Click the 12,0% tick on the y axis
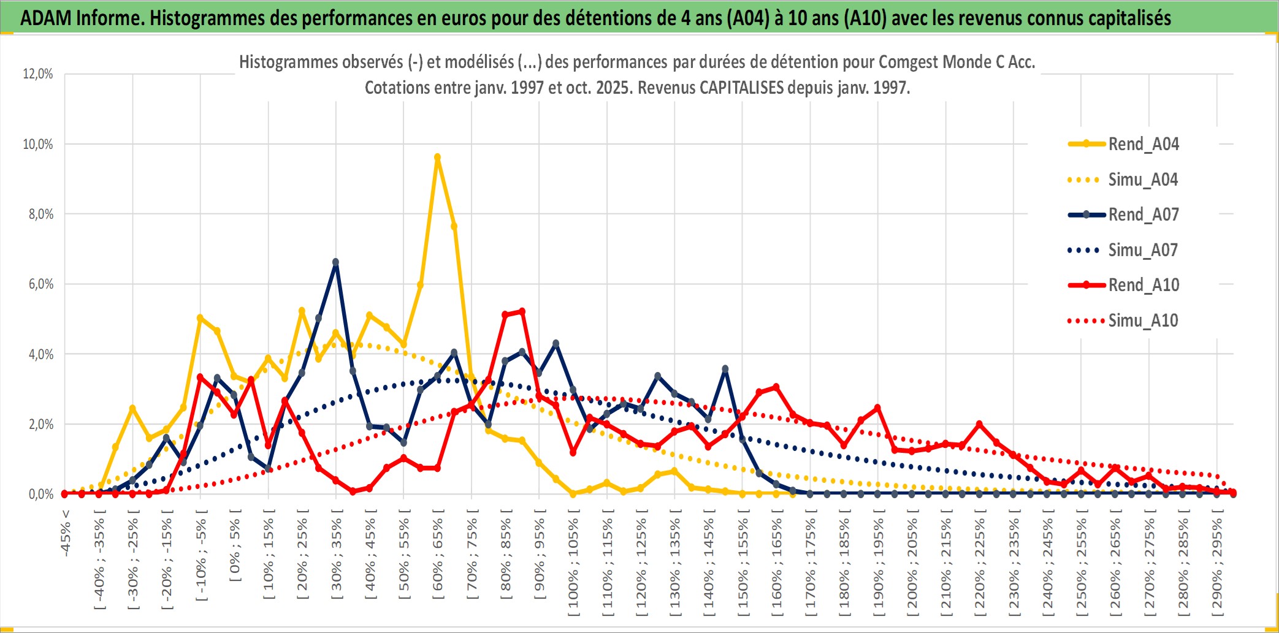[38, 74]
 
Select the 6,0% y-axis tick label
[40, 284]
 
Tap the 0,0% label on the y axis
[40, 495]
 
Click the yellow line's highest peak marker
[437, 157]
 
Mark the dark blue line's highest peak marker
[335, 262]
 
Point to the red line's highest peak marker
[522, 312]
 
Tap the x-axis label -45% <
[66, 533]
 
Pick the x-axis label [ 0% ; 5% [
[235, 545]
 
